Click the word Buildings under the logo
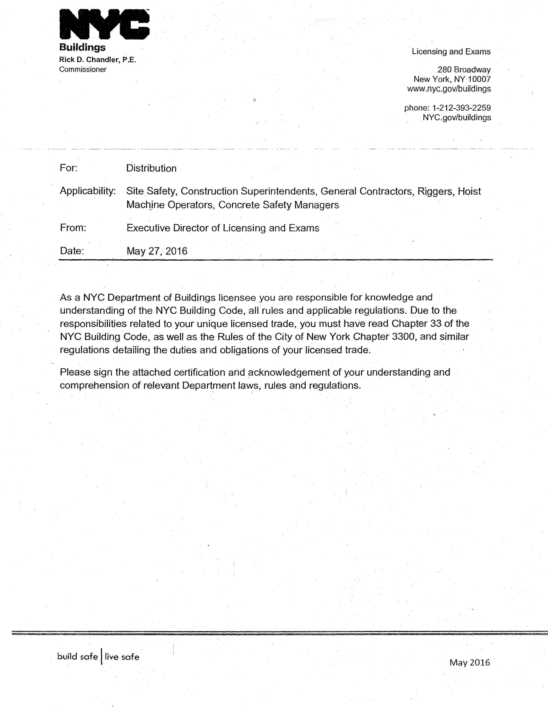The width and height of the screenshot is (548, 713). click(82, 48)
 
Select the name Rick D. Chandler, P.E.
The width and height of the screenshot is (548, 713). click(97, 60)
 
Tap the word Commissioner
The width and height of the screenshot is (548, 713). click(83, 69)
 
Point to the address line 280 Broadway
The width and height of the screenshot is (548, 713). click(464, 70)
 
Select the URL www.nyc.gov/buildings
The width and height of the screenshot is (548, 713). click(449, 89)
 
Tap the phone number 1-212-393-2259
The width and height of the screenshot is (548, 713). click(461, 108)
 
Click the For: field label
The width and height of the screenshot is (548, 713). click(68, 168)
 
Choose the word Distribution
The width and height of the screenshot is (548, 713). click(151, 168)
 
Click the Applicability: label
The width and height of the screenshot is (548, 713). click(87, 191)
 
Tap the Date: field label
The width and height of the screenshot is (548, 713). click(72, 251)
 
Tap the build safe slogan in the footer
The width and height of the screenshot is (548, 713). click(78, 656)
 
